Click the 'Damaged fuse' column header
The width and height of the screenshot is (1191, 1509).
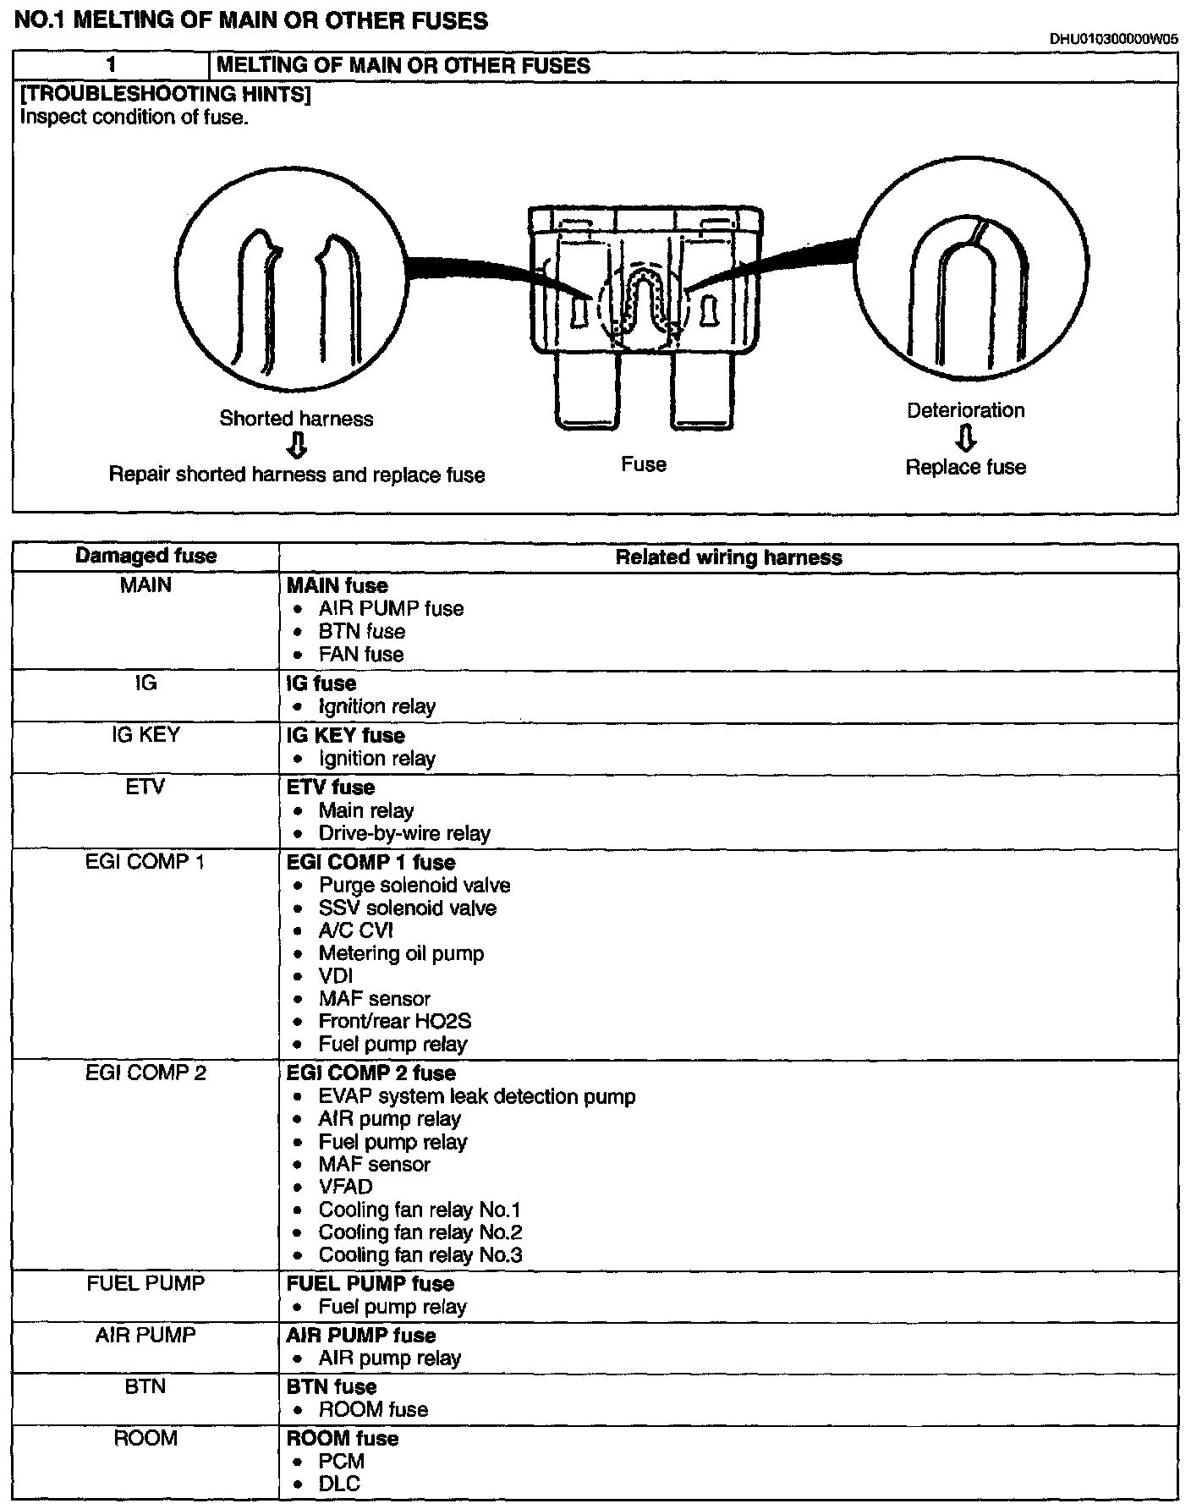click(145, 557)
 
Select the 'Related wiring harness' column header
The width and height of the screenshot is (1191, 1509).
click(728, 557)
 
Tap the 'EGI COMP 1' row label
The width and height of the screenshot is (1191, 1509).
click(145, 862)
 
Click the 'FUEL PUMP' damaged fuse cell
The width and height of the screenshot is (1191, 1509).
click(145, 1283)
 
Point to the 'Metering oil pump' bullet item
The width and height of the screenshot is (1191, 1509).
click(401, 953)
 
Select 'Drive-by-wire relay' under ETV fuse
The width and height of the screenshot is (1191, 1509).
click(404, 833)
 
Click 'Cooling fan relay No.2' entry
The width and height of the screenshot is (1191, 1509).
click(420, 1232)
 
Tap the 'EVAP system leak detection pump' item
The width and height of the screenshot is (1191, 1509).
click(477, 1096)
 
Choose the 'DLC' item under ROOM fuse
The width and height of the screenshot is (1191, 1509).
click(339, 1483)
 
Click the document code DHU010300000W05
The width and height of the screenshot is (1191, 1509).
click(1113, 38)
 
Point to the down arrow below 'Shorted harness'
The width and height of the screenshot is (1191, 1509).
click(296, 446)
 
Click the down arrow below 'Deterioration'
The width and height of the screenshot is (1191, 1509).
click(966, 438)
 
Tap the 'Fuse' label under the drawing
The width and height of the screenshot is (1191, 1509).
click(644, 464)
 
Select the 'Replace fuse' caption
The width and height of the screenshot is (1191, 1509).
click(965, 467)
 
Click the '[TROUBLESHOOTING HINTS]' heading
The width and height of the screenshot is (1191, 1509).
click(165, 94)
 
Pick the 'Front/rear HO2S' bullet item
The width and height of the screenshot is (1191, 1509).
click(394, 1021)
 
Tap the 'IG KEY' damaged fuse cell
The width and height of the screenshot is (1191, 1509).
click(145, 735)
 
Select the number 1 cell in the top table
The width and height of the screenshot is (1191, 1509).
click(111, 66)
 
